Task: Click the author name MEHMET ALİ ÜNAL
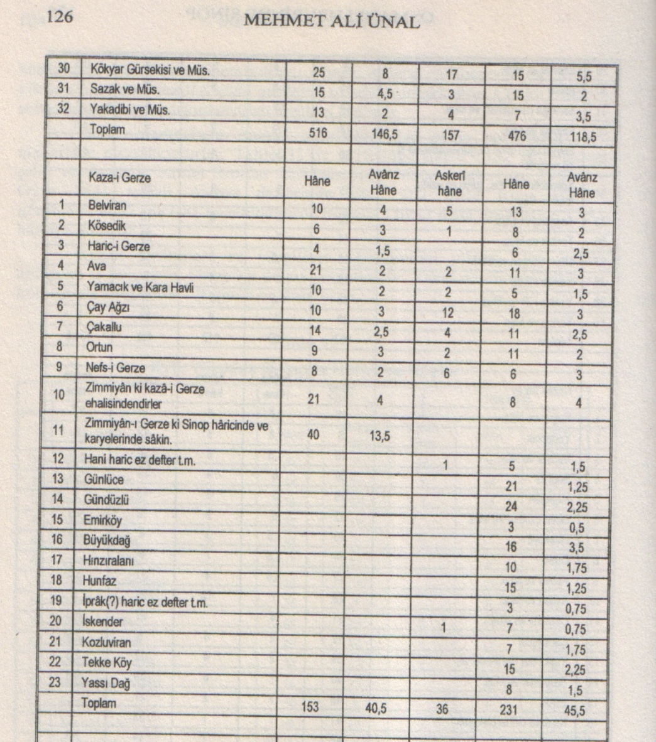(331, 21)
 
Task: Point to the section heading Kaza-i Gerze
(119, 178)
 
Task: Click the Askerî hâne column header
(449, 183)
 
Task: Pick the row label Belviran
(107, 205)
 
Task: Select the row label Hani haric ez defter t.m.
(140, 460)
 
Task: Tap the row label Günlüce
(104, 480)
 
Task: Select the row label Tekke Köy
(107, 662)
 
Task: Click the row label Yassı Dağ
(106, 683)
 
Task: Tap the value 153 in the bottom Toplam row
(310, 707)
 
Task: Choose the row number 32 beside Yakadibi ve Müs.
(63, 109)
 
